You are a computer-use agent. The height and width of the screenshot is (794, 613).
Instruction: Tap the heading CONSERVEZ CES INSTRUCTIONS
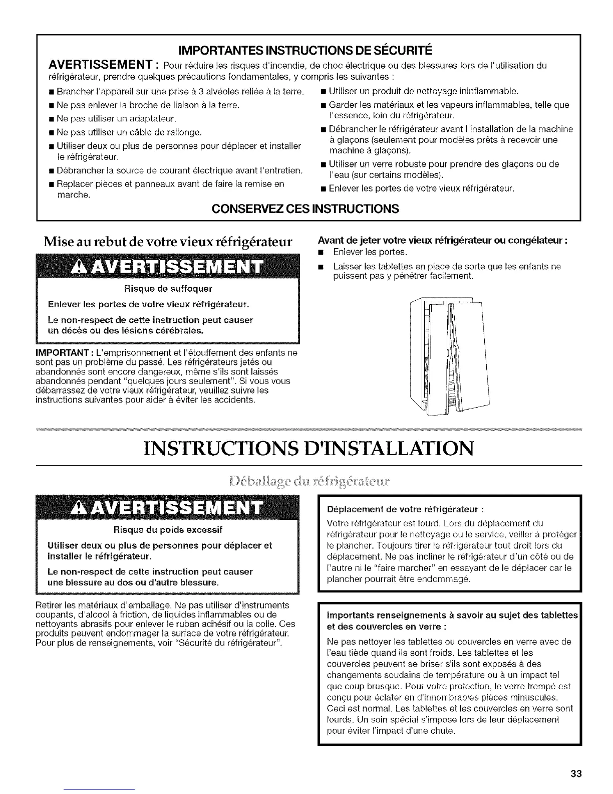pos(305,209)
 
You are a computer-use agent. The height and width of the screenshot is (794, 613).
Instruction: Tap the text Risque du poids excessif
pos(168,529)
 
